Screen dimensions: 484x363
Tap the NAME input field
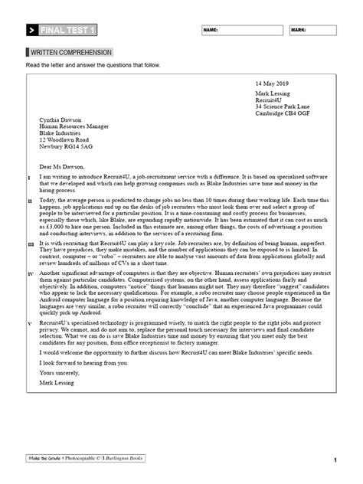[x=241, y=31]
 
